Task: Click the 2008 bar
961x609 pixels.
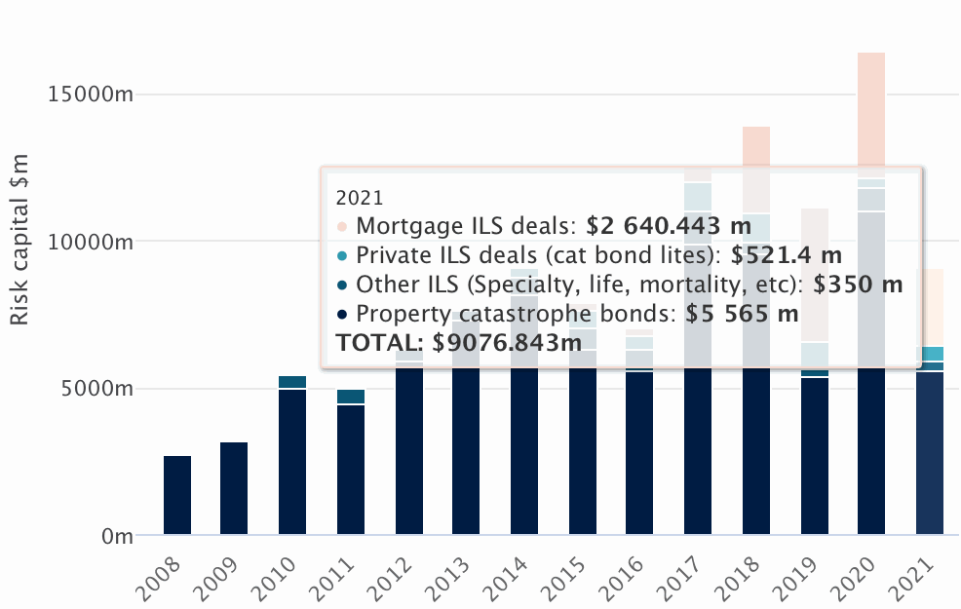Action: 177,495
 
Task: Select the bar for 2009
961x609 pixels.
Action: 234,488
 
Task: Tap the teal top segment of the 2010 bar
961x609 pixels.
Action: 292,382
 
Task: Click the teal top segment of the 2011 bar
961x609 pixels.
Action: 351,396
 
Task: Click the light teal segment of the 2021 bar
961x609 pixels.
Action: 930,354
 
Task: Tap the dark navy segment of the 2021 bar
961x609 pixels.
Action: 930,453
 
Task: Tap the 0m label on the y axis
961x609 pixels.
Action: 116,536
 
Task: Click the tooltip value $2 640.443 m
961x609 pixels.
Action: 669,227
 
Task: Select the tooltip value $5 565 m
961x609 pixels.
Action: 742,314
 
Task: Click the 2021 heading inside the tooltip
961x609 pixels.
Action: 360,198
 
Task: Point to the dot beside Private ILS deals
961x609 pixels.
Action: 341,256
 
